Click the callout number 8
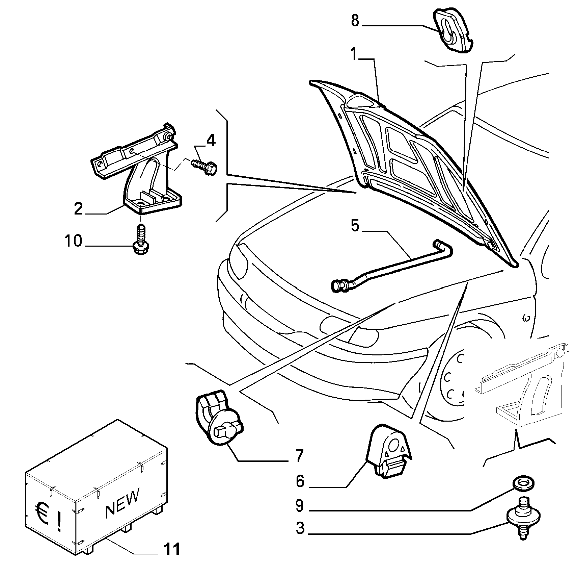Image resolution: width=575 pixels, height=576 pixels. click(355, 21)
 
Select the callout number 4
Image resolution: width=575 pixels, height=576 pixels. click(211, 141)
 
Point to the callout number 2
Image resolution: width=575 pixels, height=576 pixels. click(78, 209)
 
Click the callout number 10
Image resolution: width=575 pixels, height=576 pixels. click(73, 241)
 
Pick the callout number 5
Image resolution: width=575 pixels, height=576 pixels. click(355, 225)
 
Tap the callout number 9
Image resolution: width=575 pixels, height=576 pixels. click(300, 506)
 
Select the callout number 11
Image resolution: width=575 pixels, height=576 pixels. click(172, 550)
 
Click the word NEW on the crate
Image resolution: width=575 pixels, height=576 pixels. click(122, 503)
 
